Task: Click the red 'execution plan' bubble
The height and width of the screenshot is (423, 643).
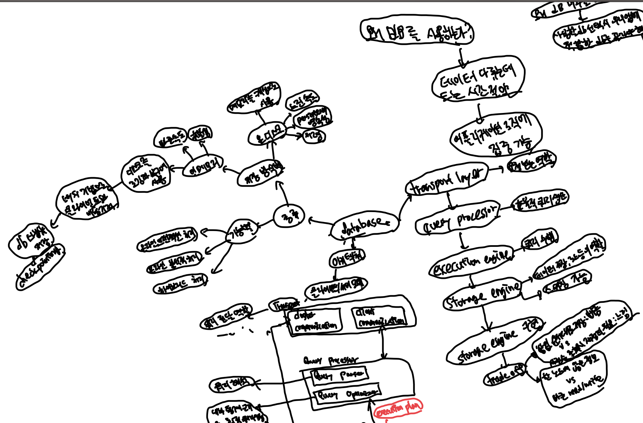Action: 398,409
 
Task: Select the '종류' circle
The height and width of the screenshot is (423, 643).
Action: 289,217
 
